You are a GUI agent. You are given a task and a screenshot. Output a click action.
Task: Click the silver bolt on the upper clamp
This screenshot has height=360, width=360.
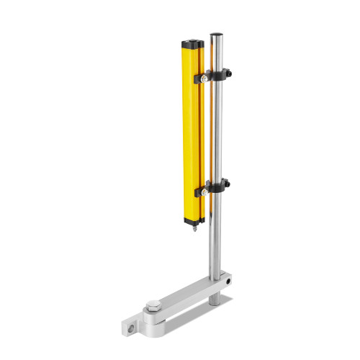coord(206,78)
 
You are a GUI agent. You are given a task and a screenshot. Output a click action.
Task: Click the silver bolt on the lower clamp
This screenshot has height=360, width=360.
coord(206,192)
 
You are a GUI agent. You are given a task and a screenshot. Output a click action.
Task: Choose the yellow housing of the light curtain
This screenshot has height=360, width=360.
coord(194,130)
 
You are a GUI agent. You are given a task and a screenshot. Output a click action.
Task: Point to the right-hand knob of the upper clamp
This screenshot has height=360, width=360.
coord(230,72)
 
